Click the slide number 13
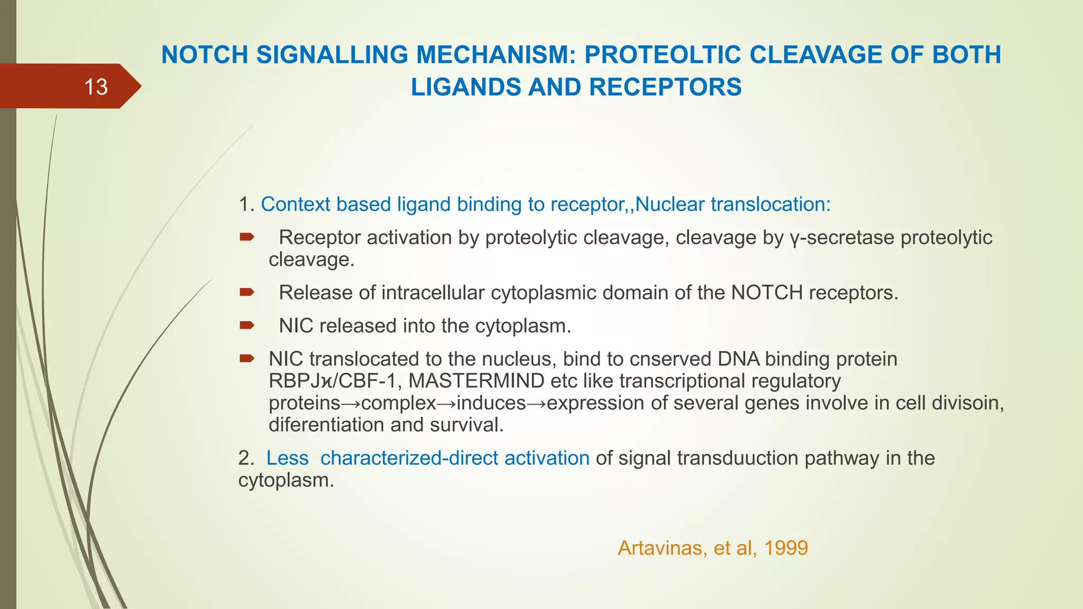point(96,87)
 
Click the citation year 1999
point(786,548)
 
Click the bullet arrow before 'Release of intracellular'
point(247,292)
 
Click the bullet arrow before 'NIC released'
point(247,325)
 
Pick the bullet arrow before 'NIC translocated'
point(247,358)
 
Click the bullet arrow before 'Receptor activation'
point(247,237)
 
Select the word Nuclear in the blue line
point(669,205)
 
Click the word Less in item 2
point(287,458)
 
